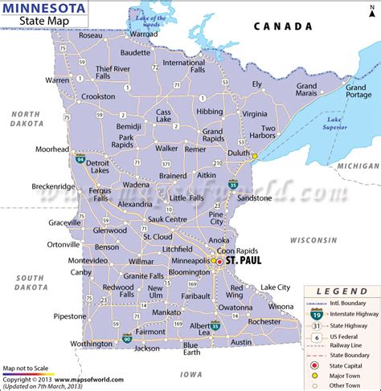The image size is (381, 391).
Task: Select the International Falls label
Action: [x=185, y=67]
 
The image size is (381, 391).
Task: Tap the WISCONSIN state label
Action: [x=313, y=241]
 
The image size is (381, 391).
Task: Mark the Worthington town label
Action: [x=92, y=343]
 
